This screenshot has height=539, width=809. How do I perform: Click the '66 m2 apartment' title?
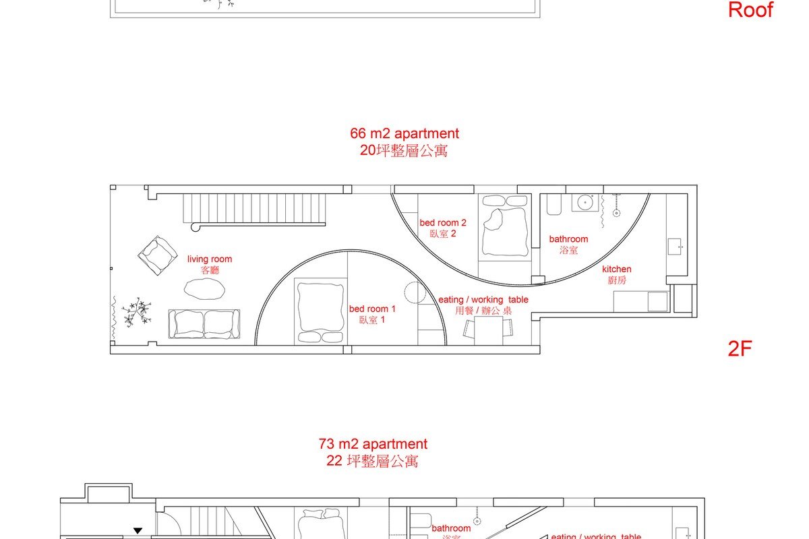click(404, 133)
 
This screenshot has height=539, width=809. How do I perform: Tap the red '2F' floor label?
click(740, 349)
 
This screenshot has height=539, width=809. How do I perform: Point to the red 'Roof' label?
click(750, 10)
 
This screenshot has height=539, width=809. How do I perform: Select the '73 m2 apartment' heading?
click(373, 445)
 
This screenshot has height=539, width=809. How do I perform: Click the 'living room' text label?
click(210, 259)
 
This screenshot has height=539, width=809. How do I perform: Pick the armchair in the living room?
click(158, 255)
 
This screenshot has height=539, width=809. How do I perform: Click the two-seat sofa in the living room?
click(204, 324)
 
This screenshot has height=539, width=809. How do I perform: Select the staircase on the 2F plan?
click(254, 208)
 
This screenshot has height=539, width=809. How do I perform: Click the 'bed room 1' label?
click(372, 309)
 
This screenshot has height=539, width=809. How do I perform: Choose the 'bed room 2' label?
click(443, 223)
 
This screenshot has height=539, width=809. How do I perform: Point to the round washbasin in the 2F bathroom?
click(585, 201)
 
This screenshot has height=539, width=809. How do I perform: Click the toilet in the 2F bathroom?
click(553, 205)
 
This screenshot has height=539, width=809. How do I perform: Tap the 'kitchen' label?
click(617, 269)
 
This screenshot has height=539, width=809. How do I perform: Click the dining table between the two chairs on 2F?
click(488, 330)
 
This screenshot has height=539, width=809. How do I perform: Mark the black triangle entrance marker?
click(138, 531)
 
